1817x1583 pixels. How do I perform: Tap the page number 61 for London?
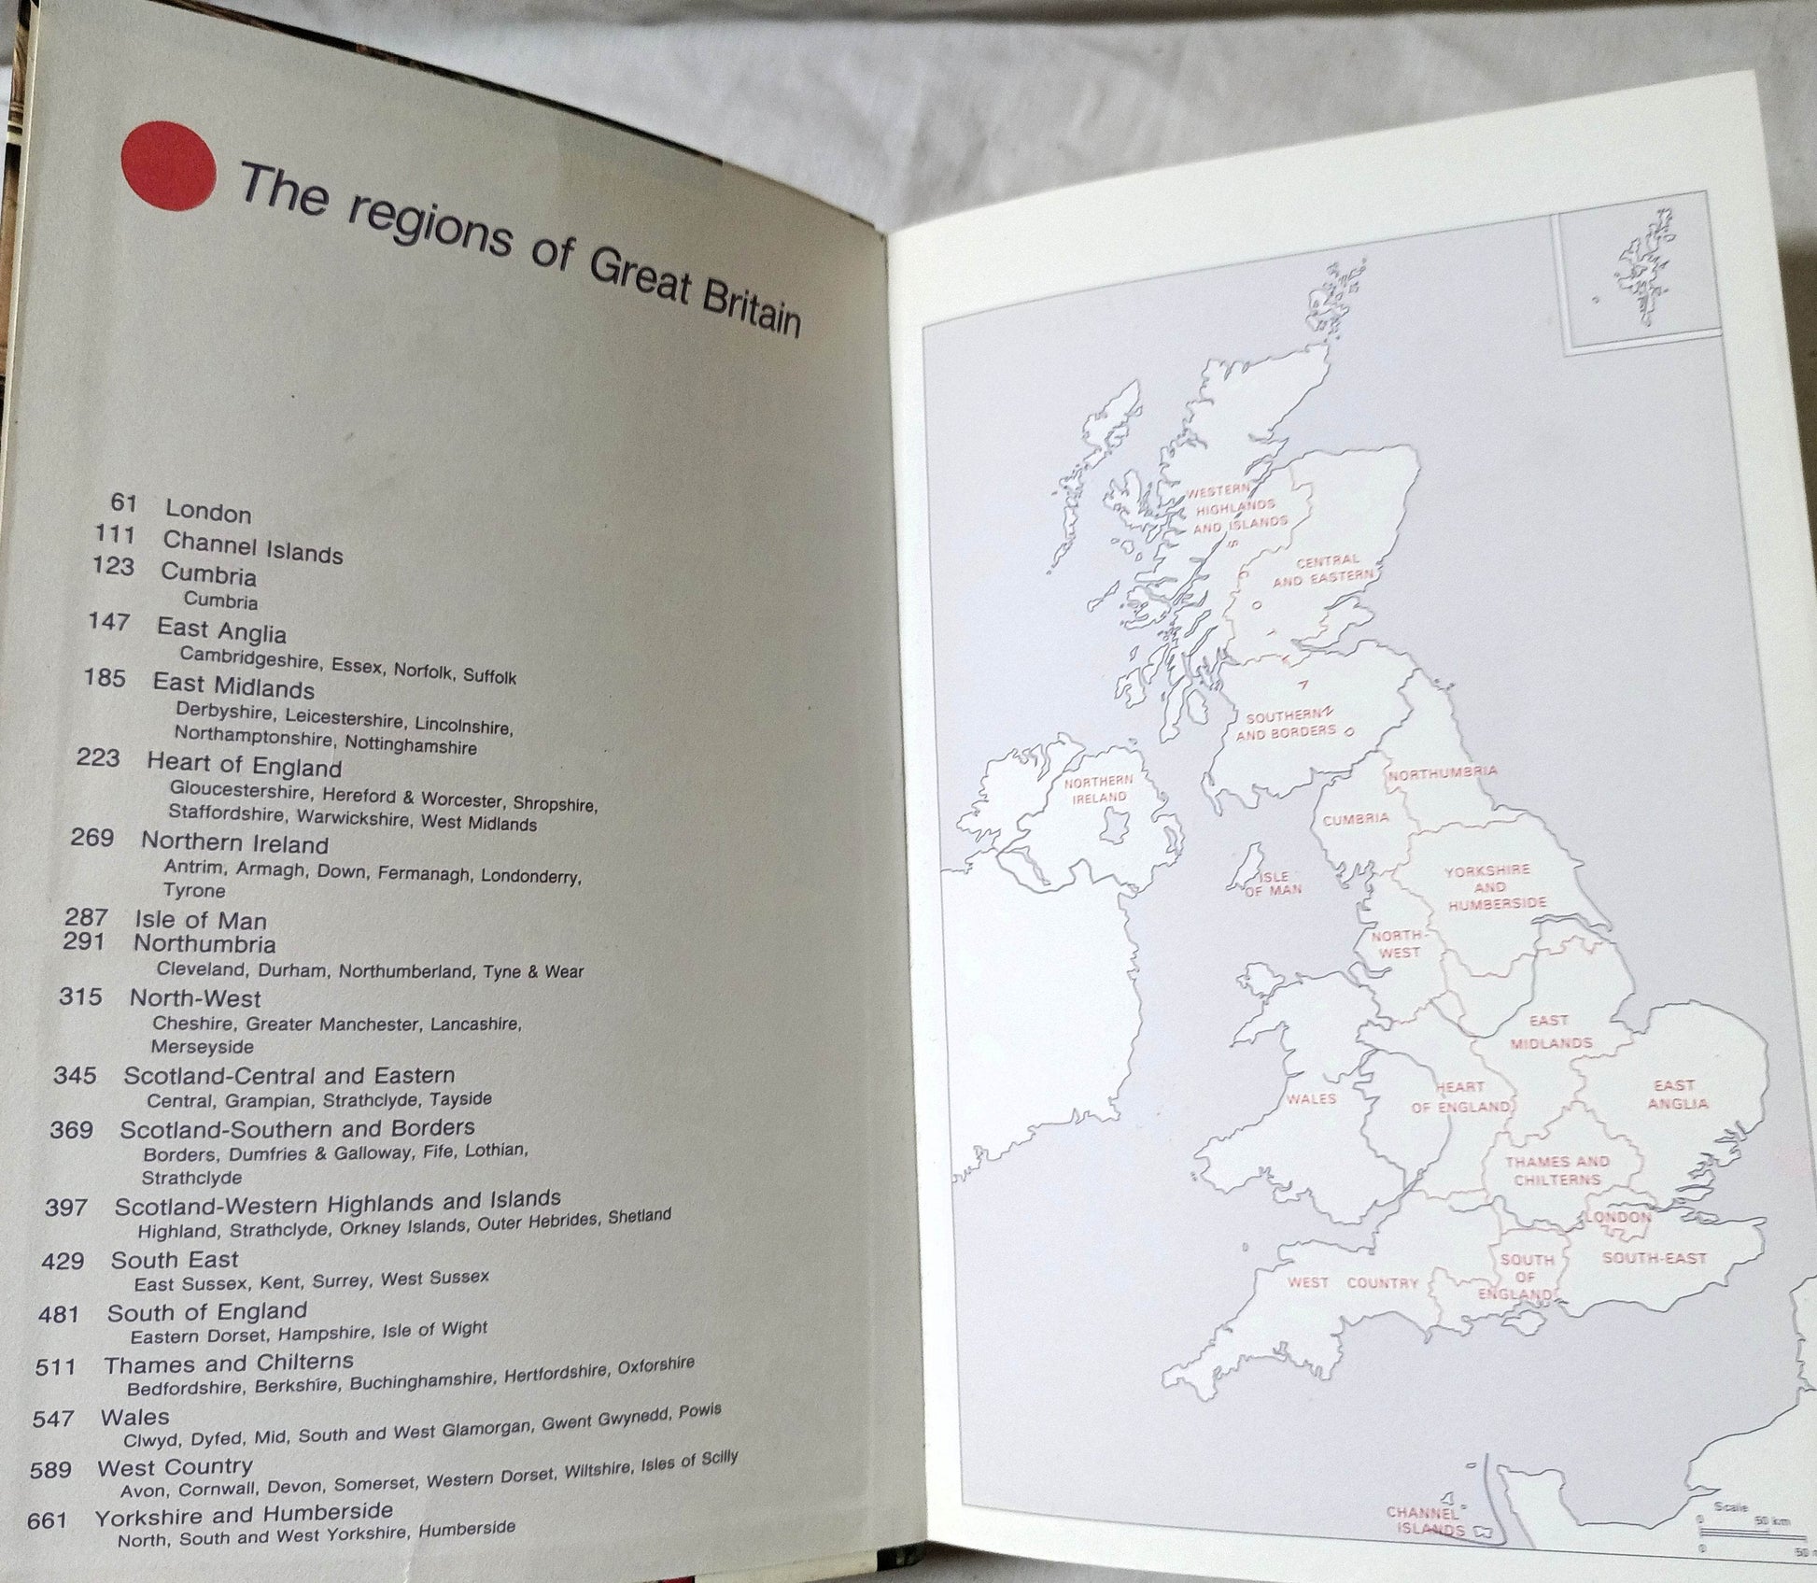click(x=123, y=502)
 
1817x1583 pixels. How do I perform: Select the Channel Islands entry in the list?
click(x=252, y=546)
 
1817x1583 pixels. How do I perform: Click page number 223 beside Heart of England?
click(x=97, y=757)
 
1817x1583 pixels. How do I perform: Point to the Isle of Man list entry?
click(x=200, y=920)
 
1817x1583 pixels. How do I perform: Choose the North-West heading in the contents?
click(x=194, y=997)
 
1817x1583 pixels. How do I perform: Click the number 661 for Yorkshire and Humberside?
click(x=47, y=1520)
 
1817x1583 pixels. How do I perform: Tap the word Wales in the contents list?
click(x=134, y=1418)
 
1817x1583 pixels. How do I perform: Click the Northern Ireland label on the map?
click(x=1098, y=789)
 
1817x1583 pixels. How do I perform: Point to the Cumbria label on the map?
click(x=1356, y=819)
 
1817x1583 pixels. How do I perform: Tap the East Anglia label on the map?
click(x=1676, y=1094)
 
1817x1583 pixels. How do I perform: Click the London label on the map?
click(x=1618, y=1218)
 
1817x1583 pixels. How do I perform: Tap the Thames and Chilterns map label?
click(x=1556, y=1170)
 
